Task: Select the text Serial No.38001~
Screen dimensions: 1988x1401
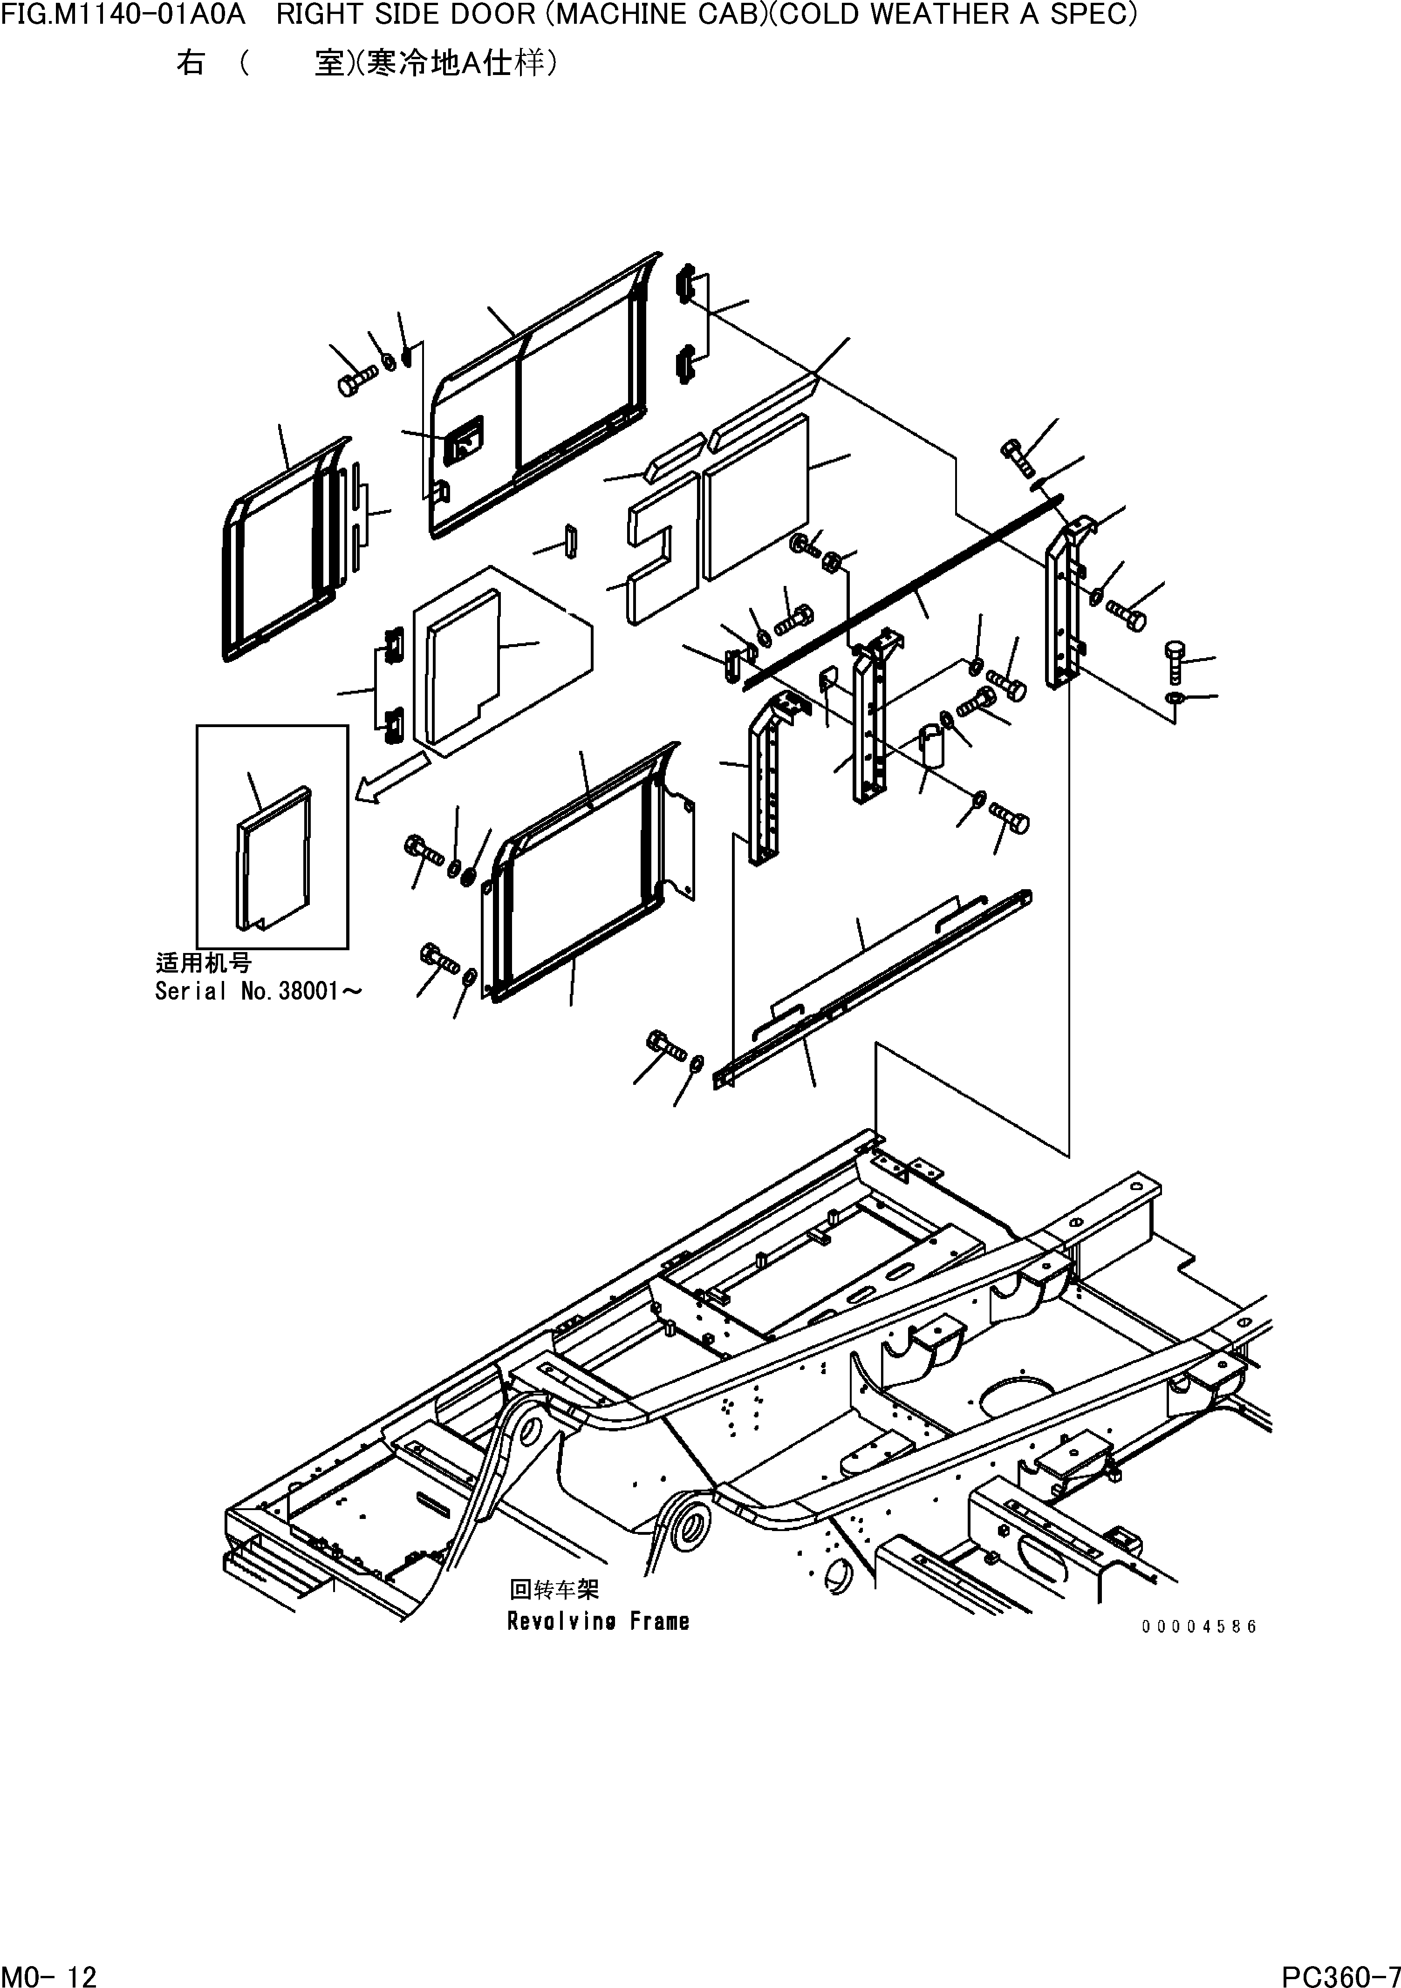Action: tap(258, 991)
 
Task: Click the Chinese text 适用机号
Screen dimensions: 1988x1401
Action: tap(204, 963)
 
